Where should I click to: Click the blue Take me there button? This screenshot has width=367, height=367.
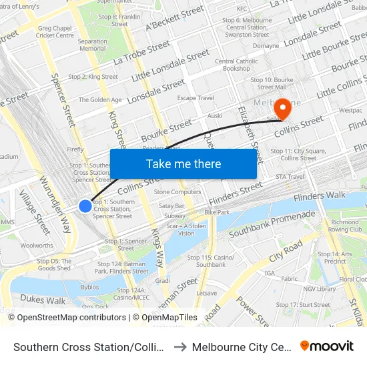tap(183, 164)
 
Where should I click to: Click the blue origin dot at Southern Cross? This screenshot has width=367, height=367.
tap(85, 206)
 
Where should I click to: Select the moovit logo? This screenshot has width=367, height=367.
tap(327, 346)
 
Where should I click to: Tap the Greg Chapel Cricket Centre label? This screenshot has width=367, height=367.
tap(55, 31)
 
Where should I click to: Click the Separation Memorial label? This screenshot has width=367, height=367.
tap(92, 45)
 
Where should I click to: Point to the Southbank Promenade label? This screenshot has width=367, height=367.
tap(272, 225)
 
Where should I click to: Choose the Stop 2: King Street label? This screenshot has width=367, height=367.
tap(93, 77)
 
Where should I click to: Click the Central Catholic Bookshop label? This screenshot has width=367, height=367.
tap(236, 65)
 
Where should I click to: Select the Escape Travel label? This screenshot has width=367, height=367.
tap(196, 98)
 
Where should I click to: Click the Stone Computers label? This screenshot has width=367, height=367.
tap(177, 192)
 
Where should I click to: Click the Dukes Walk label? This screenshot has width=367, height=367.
tap(43, 300)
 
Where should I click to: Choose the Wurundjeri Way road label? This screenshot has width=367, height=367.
tap(55, 204)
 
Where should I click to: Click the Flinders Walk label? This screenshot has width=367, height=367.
tap(320, 196)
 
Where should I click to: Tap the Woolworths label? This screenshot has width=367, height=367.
tap(37, 246)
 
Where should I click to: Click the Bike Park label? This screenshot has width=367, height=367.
tap(217, 212)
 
